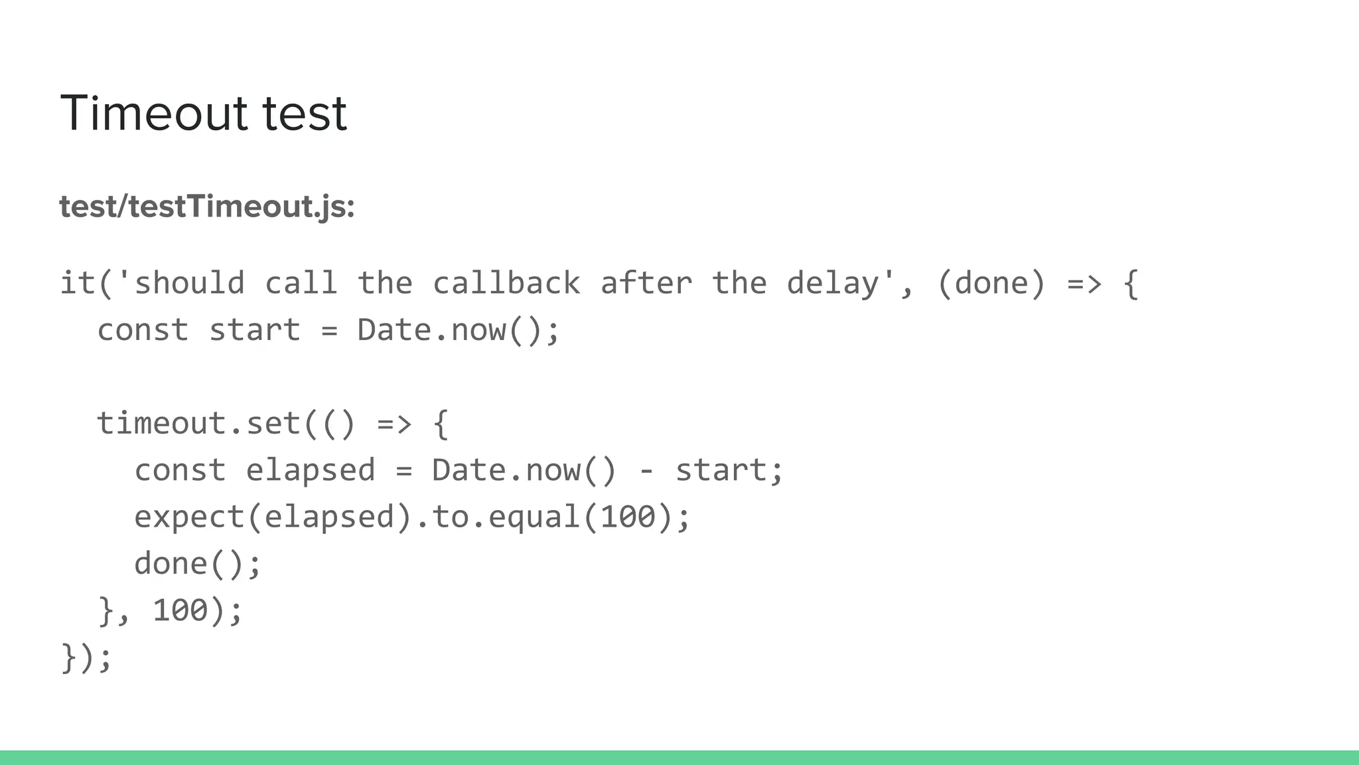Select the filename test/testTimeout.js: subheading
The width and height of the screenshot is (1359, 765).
[x=207, y=207]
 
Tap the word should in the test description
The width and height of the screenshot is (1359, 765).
[x=190, y=284]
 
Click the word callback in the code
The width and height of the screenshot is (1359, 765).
[x=506, y=284]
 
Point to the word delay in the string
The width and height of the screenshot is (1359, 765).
[x=833, y=284]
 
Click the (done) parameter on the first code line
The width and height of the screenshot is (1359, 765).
[x=991, y=284]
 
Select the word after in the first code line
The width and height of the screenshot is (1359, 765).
[x=646, y=284]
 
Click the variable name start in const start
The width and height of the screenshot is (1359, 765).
[x=255, y=330]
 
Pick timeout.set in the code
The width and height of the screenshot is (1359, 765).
[x=199, y=424]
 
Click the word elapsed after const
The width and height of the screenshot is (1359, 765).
[x=311, y=470]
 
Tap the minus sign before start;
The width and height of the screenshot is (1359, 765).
[x=646, y=471]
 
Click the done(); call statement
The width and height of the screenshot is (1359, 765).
[x=198, y=564]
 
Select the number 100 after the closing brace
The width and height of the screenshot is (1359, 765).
[x=180, y=610]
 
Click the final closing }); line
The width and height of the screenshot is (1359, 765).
[x=86, y=657]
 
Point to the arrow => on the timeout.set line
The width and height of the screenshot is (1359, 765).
[x=394, y=424]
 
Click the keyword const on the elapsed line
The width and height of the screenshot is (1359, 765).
[x=180, y=470]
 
